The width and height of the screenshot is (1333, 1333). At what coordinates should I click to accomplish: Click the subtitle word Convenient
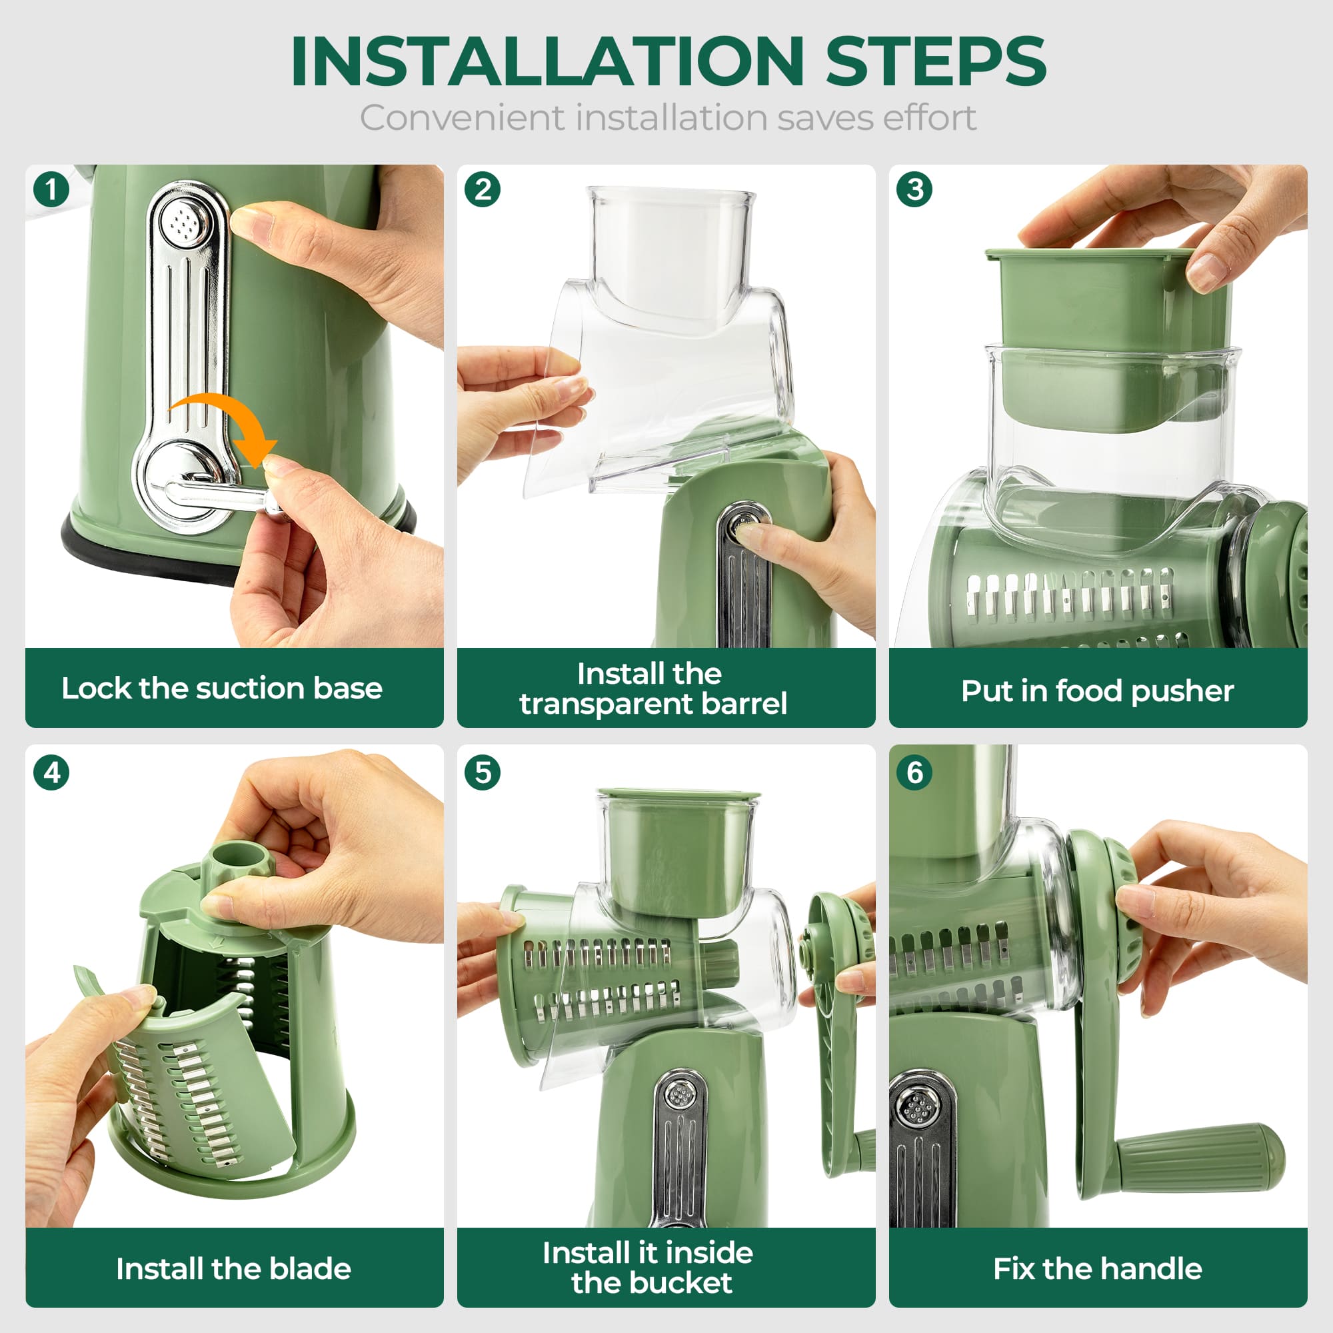click(461, 118)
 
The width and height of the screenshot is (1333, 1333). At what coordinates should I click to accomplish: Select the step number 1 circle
click(52, 189)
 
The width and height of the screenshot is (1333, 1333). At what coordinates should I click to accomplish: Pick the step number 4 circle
click(52, 772)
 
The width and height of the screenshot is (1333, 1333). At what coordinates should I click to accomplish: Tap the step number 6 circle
click(915, 772)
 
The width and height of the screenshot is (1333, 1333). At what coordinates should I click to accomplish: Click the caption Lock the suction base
click(221, 688)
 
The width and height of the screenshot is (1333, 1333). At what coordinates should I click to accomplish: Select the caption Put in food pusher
click(1097, 690)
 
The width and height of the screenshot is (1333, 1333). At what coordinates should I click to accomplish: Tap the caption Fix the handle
click(1097, 1269)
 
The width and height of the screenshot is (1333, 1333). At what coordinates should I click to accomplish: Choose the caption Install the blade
click(233, 1269)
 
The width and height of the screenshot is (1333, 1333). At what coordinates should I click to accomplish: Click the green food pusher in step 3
click(1104, 303)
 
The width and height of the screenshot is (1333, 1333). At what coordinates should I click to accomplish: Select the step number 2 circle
click(483, 189)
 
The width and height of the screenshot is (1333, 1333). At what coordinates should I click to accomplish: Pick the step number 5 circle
click(483, 772)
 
